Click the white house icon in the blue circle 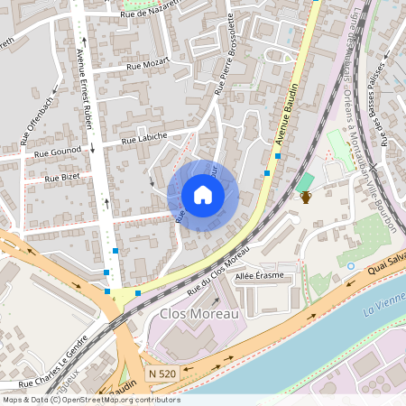click(203, 195)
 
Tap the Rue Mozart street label click(147, 65)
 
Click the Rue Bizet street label click(62, 178)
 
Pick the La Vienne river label click(384, 309)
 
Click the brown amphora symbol click(306, 196)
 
